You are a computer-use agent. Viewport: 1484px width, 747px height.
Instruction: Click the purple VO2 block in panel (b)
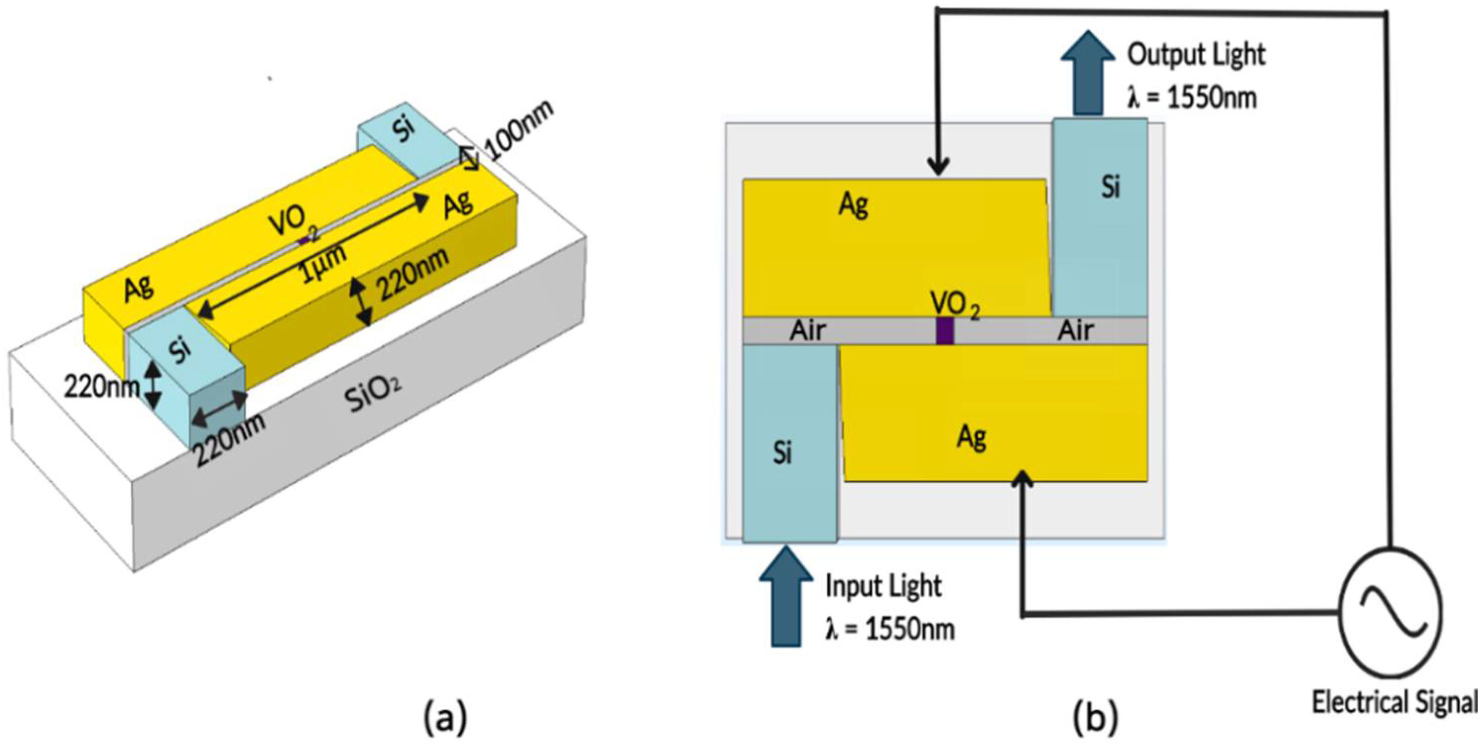(944, 331)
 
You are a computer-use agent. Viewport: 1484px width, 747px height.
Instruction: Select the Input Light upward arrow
(786, 596)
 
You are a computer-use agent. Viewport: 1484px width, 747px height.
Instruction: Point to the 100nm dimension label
(519, 131)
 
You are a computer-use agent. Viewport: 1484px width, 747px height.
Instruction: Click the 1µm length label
(324, 263)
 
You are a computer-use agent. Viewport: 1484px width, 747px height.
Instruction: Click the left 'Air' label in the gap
(808, 331)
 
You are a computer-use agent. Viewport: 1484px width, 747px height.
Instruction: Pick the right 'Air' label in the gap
(1075, 331)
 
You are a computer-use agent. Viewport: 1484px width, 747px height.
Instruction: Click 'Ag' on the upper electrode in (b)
(853, 204)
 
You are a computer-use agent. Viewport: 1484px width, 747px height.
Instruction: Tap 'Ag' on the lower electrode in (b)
(971, 438)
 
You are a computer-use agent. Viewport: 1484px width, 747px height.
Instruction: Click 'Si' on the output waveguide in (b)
(1111, 186)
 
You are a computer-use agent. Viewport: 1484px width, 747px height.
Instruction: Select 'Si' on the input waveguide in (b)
(782, 453)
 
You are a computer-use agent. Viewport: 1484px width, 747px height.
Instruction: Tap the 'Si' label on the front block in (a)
(181, 350)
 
